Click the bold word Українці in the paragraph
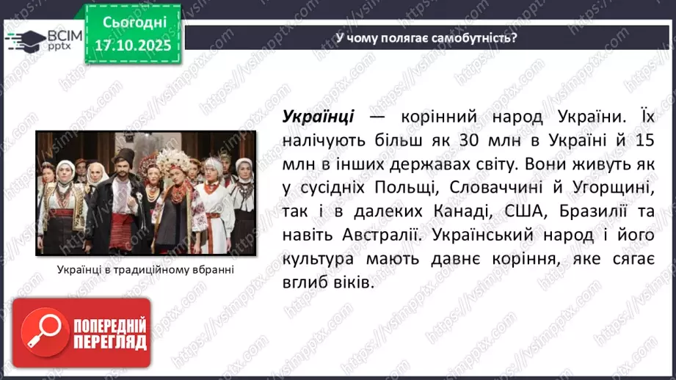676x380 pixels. [x=318, y=116]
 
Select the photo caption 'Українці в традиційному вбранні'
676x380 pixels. [x=145, y=270]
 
